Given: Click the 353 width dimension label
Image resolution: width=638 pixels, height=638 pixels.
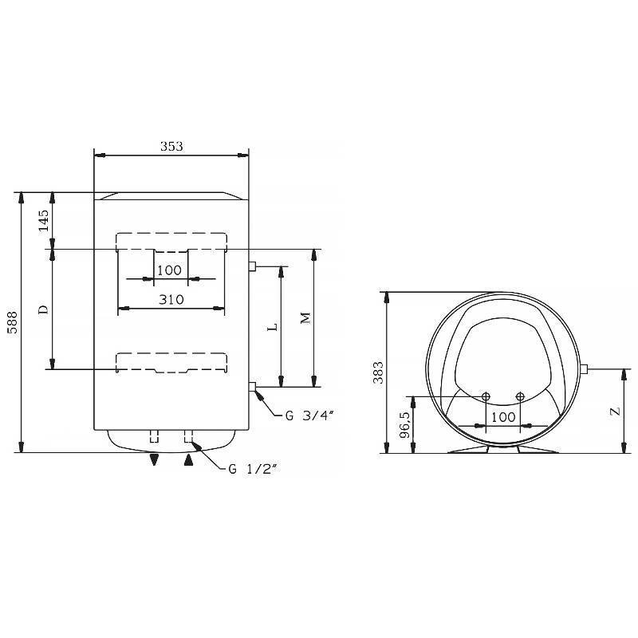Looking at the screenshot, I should click(171, 146).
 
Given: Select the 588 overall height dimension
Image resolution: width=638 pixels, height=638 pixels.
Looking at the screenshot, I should click(11, 322).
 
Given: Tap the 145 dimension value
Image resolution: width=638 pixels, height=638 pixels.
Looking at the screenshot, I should click(44, 220).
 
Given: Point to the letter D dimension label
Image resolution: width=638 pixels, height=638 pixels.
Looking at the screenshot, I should click(44, 309).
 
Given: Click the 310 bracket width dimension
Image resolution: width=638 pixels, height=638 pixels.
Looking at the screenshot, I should click(171, 299).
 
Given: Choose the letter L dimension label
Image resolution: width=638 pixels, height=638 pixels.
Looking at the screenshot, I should click(271, 327).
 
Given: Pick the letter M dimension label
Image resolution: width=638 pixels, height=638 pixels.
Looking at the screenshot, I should click(305, 318).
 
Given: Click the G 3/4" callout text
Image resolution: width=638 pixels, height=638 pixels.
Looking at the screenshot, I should click(309, 414).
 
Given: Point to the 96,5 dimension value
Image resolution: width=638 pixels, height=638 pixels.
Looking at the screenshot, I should click(404, 425).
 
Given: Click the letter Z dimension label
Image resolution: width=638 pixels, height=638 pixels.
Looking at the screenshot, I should click(613, 412).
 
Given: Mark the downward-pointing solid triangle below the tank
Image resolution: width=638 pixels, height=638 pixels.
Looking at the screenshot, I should click(155, 459).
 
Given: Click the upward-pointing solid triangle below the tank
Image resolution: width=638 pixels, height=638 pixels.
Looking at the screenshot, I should click(189, 459).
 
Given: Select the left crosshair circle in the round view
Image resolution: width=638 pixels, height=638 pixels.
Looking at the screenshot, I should click(486, 397).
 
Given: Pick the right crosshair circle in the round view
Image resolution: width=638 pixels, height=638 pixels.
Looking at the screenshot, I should click(520, 397).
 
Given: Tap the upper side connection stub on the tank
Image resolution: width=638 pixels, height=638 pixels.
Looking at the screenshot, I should click(251, 266).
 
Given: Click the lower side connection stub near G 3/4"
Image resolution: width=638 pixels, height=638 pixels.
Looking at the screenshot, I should click(251, 388).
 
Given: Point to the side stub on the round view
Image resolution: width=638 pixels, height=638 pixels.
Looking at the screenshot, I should click(585, 368).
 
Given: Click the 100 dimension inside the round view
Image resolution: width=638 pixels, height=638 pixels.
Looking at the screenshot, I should click(503, 417).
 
